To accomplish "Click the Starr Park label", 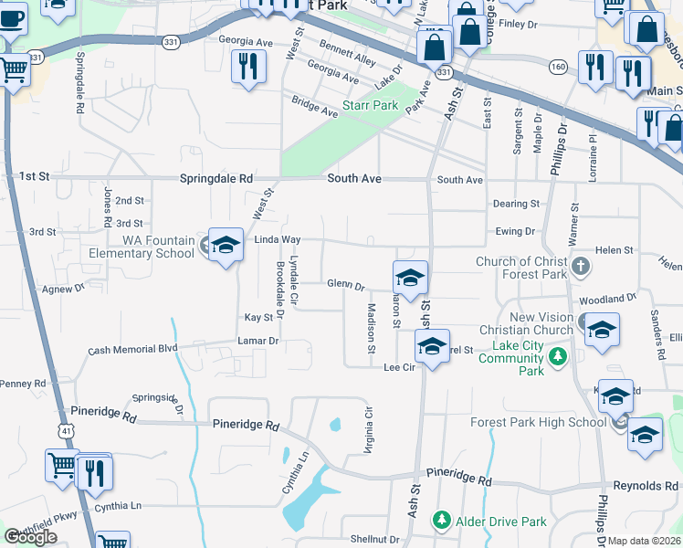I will pyautogui.click(x=370, y=106).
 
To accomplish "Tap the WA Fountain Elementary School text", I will pyautogui.click(x=142, y=247).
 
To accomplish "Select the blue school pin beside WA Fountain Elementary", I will pyautogui.click(x=226, y=247).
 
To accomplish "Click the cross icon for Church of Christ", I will pyautogui.click(x=583, y=268).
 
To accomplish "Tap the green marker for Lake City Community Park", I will pyautogui.click(x=564, y=356).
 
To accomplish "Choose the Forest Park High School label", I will pyautogui.click(x=538, y=422).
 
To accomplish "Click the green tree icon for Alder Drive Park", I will pyautogui.click(x=442, y=521).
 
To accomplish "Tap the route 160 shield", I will pyautogui.click(x=558, y=66).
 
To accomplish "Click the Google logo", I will pyautogui.click(x=30, y=538).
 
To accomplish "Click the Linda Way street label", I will pyautogui.click(x=277, y=239).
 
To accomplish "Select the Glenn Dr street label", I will pyautogui.click(x=346, y=285).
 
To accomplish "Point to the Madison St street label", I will pyautogui.click(x=372, y=329).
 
